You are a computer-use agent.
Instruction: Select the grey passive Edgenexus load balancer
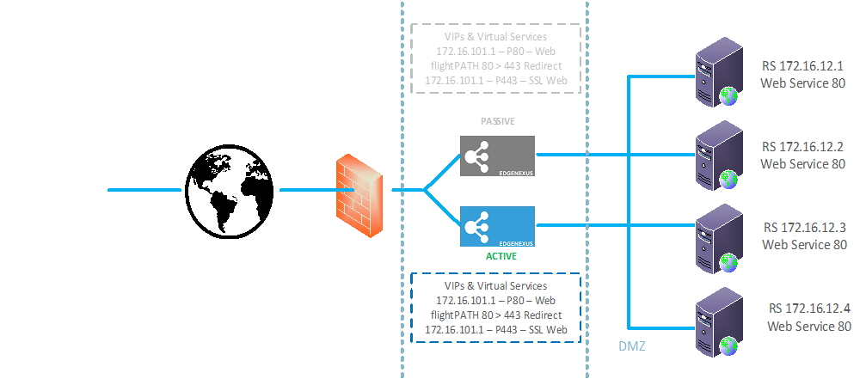[497, 156]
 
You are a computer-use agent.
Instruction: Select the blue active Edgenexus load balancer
[497, 227]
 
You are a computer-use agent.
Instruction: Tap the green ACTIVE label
[495, 255]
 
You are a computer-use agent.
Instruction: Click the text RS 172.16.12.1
[803, 67]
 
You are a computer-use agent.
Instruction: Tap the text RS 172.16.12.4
[809, 309]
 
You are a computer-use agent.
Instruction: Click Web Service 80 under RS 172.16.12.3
[803, 245]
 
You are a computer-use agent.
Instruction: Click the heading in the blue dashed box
[497, 285]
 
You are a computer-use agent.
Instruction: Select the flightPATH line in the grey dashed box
[497, 66]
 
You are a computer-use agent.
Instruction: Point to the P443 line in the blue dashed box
[497, 330]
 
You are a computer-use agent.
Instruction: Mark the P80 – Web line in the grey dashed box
[497, 52]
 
